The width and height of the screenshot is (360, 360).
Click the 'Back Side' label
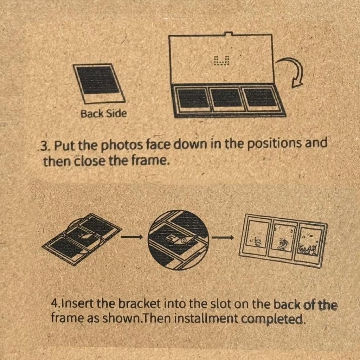(x=103, y=114)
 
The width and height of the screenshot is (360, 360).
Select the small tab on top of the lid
(x=229, y=34)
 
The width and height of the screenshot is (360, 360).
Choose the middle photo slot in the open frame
(x=226, y=97)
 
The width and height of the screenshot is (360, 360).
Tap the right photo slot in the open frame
(x=260, y=97)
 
